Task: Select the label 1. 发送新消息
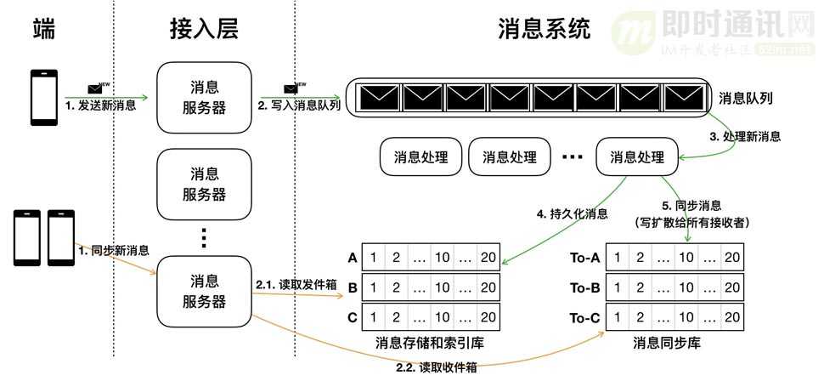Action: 100,106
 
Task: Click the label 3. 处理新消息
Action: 745,136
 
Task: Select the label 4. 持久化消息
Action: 572,215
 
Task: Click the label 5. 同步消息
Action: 690,206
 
